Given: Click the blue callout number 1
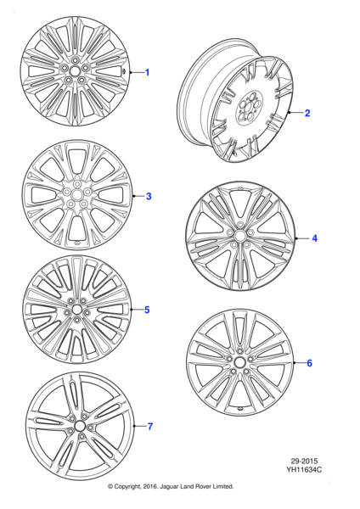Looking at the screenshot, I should click(147, 73).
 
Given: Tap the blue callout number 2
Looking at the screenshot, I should click(307, 113).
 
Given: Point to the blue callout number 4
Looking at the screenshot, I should click(313, 238).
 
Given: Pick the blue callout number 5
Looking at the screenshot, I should click(147, 310).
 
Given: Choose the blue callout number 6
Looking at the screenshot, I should click(309, 363).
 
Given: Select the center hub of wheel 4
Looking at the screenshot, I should click(240, 236).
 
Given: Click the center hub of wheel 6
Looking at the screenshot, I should click(239, 363).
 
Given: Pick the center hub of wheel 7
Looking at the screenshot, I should click(79, 426).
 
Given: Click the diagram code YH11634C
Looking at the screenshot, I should click(303, 469).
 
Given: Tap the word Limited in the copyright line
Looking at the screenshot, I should click(239, 487).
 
